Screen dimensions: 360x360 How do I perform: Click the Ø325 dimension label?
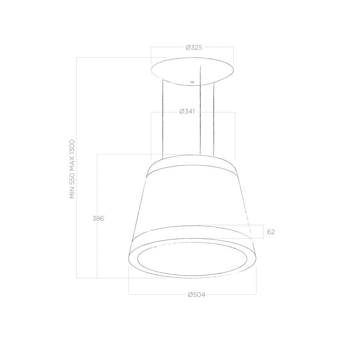[x=194, y=48]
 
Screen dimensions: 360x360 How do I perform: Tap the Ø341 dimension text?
[x=187, y=112]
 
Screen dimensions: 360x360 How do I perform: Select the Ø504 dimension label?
[x=196, y=295]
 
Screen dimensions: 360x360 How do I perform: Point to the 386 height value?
[x=98, y=218]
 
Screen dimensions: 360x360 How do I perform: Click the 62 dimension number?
[x=271, y=232]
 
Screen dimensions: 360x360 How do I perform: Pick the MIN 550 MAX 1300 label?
[x=72, y=169]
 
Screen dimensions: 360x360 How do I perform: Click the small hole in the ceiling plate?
[x=192, y=82]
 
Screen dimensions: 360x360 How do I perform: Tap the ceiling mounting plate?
[x=192, y=71]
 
